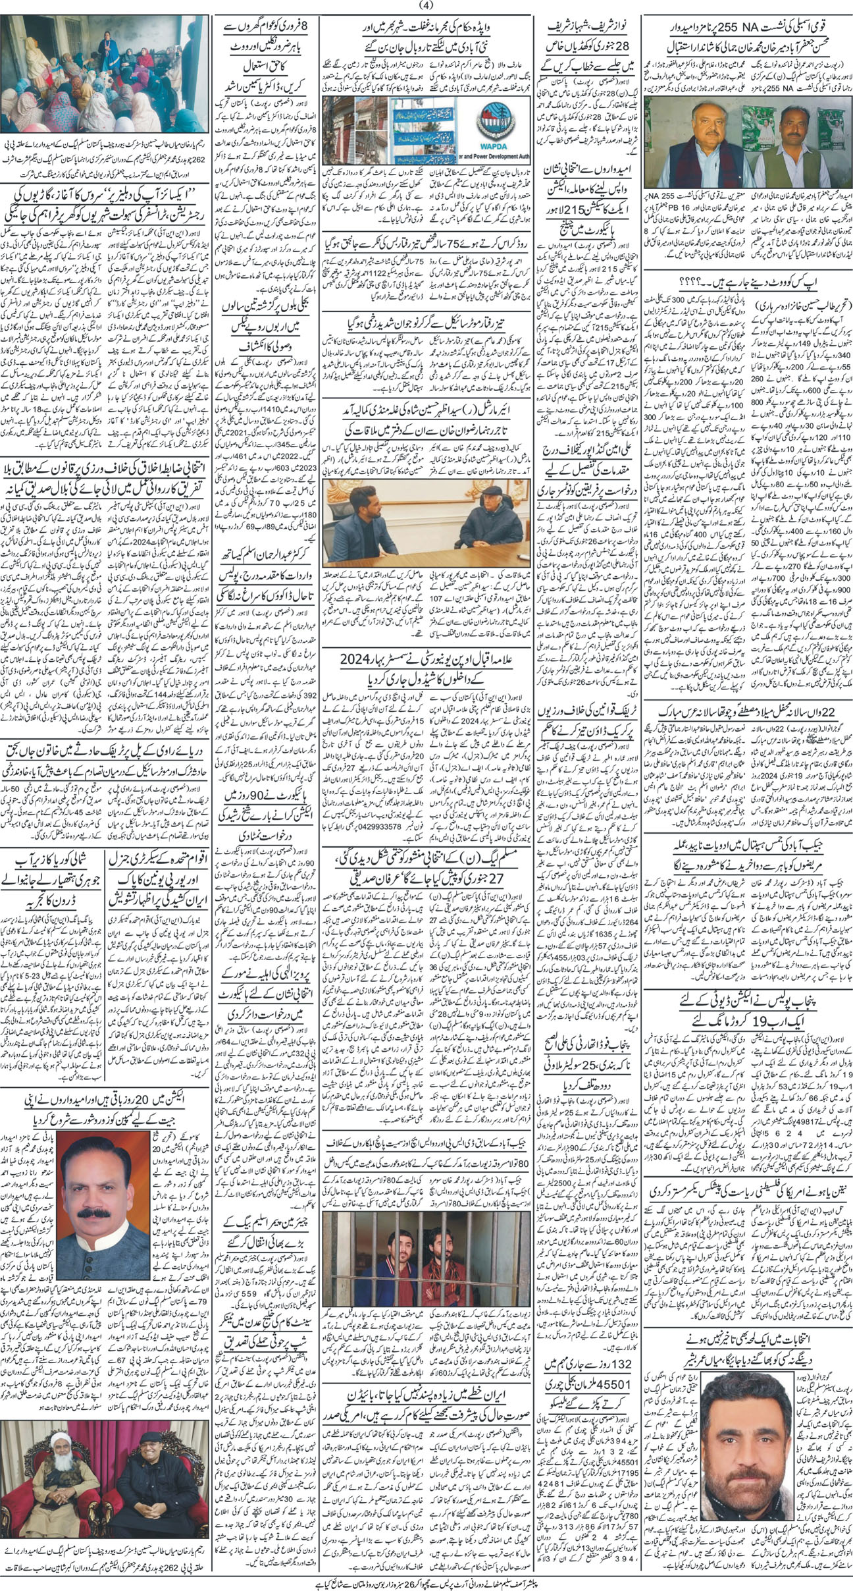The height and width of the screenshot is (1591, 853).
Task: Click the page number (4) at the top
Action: point(426,6)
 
